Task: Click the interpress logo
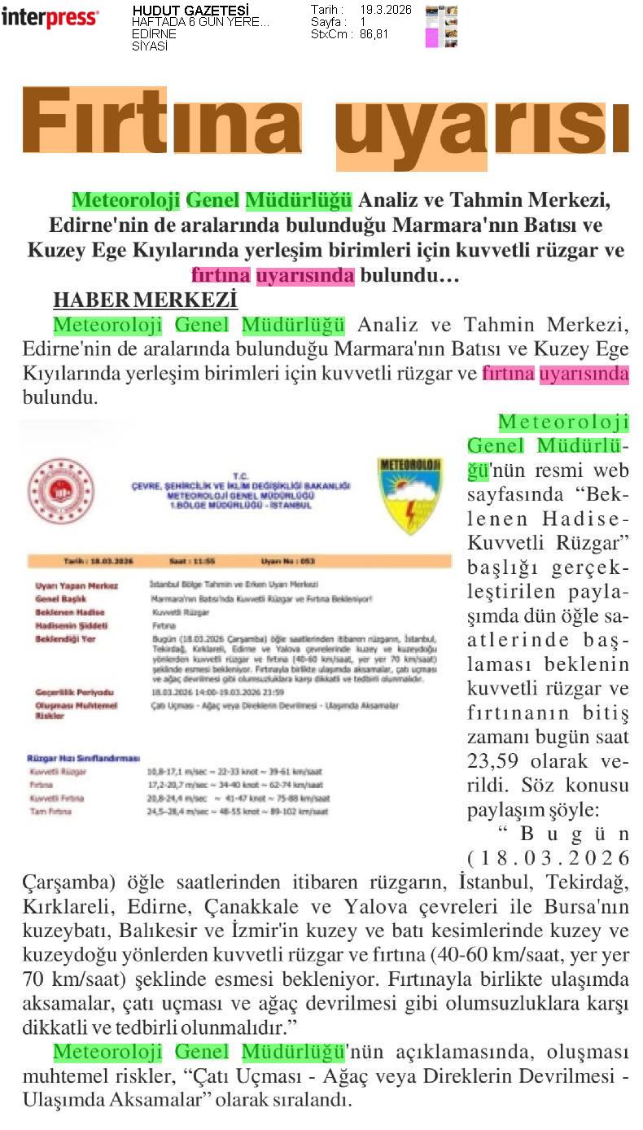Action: tap(50, 17)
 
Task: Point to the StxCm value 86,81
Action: tap(375, 34)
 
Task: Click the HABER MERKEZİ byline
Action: tap(145, 300)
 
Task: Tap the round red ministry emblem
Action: tap(60, 491)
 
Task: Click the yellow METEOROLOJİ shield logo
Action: tap(410, 495)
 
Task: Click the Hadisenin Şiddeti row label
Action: tap(72, 625)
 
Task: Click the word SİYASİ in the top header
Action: tap(150, 46)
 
